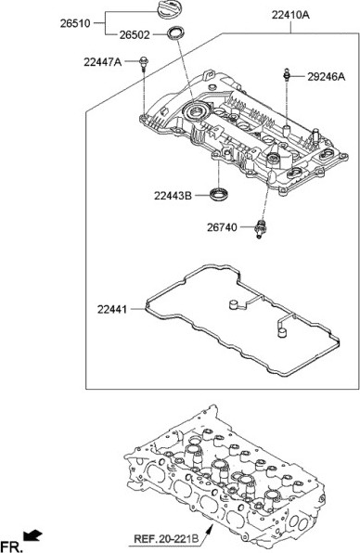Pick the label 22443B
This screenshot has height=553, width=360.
pyautogui.click(x=173, y=195)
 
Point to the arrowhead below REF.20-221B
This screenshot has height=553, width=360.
pyautogui.click(x=212, y=524)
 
